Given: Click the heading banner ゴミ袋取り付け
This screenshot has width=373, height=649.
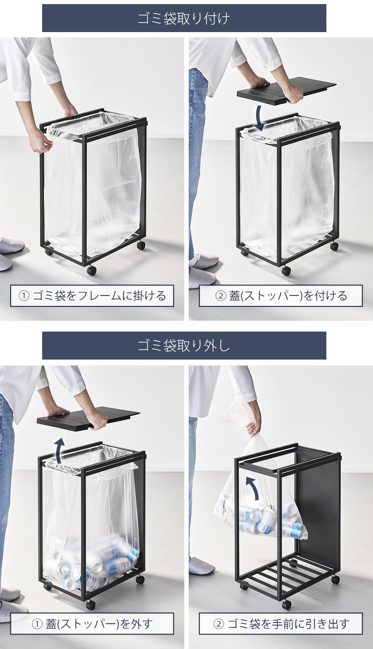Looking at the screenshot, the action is tap(184, 18).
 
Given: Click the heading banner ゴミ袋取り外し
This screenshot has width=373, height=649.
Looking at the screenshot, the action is tap(184, 346).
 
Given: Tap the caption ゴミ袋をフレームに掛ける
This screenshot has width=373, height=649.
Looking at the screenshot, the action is tap(92, 296).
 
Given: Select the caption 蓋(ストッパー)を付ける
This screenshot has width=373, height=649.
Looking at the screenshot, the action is tap(281, 296).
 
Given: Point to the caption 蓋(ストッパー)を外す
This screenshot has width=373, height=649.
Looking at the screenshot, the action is tap(92, 624).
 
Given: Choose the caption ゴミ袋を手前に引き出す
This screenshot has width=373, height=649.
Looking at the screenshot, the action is tap(281, 624).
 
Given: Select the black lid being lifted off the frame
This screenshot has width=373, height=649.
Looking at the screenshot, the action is tap(88, 419).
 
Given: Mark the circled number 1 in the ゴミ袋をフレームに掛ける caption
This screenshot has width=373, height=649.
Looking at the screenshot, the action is tap(23, 296).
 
